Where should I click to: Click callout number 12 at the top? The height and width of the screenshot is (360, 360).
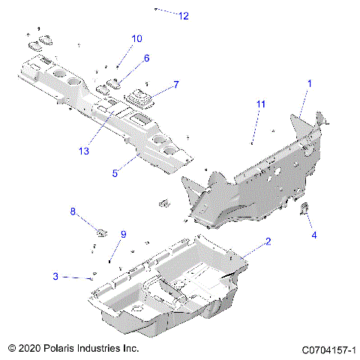coord(184,16)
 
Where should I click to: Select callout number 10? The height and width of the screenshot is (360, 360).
coord(136,38)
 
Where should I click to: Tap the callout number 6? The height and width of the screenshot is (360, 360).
coord(146,58)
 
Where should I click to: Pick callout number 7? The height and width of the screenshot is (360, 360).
coord(176,85)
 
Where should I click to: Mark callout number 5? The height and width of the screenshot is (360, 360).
coord(115,173)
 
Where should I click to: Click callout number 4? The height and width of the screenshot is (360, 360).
coord(314,235)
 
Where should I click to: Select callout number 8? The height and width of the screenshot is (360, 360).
coord(73,212)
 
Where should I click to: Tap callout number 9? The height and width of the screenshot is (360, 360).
coord(124,234)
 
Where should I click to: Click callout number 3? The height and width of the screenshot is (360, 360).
coord(55,277)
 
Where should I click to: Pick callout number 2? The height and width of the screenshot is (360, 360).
coord(268,241)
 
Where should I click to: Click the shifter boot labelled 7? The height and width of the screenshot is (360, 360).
coord(139,98)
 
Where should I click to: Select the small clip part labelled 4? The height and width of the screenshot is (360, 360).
coord(306,209)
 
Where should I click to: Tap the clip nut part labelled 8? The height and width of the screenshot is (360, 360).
coord(100,229)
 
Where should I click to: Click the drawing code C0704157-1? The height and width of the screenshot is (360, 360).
coord(328,349)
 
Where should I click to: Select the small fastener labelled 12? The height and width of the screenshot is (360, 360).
coord(156,9)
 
